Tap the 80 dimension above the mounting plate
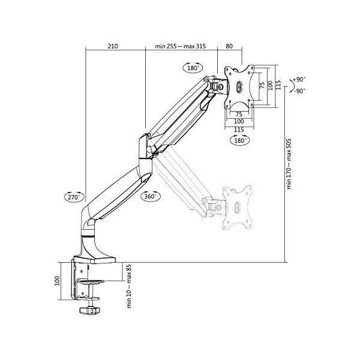click(229, 45)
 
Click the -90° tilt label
click(299, 91)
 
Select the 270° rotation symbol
click(73, 196)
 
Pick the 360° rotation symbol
click(151, 196)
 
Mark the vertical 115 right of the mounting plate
click(278, 86)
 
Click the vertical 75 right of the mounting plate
click(262, 86)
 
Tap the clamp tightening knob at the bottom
click(88, 311)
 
